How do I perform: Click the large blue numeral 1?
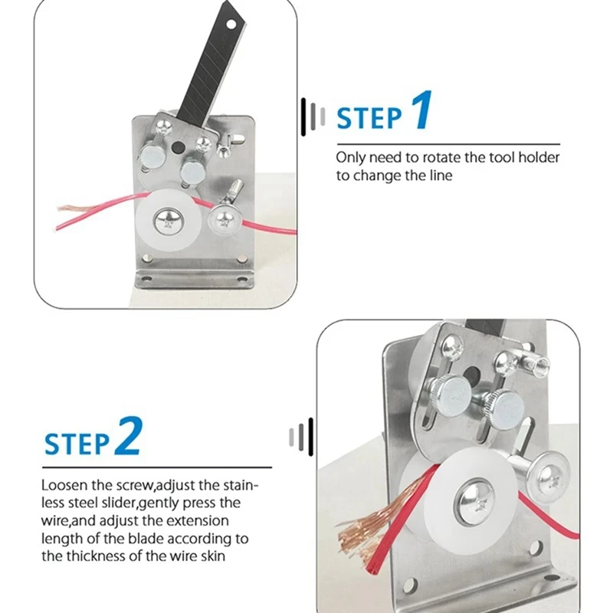click(x=422, y=110)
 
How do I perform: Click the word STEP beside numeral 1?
click(x=369, y=118)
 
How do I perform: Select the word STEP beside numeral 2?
click(x=77, y=444)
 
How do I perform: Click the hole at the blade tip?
click(x=231, y=25)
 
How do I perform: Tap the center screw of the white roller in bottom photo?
click(x=477, y=502)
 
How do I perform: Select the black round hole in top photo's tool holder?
click(x=179, y=147)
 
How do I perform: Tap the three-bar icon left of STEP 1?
click(x=313, y=116)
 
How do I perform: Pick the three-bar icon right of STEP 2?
click(x=301, y=437)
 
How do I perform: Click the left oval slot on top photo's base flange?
click(x=146, y=279)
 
